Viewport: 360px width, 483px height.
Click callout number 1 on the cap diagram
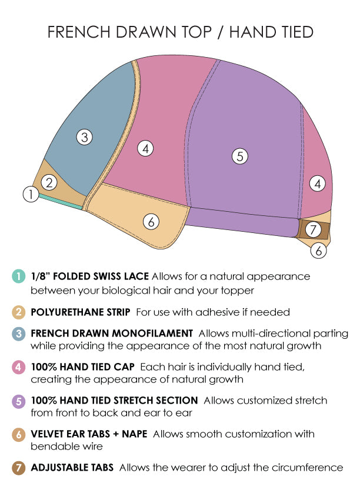click(31, 194)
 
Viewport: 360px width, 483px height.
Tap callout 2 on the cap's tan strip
click(49, 182)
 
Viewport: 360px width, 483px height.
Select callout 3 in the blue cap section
click(84, 137)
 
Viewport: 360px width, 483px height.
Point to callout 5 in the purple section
click(240, 156)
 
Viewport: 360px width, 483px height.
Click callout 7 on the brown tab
click(314, 229)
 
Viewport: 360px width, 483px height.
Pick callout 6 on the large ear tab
click(151, 221)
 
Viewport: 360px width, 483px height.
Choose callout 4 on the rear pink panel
click(318, 184)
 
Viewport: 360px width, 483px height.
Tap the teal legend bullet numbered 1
click(18, 276)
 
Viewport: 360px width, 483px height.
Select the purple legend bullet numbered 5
click(18, 401)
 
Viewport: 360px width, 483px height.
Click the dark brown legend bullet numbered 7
click(18, 468)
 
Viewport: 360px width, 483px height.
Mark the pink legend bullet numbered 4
click(18, 367)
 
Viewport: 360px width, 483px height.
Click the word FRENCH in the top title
click(79, 32)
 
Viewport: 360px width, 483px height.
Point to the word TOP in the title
click(197, 32)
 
